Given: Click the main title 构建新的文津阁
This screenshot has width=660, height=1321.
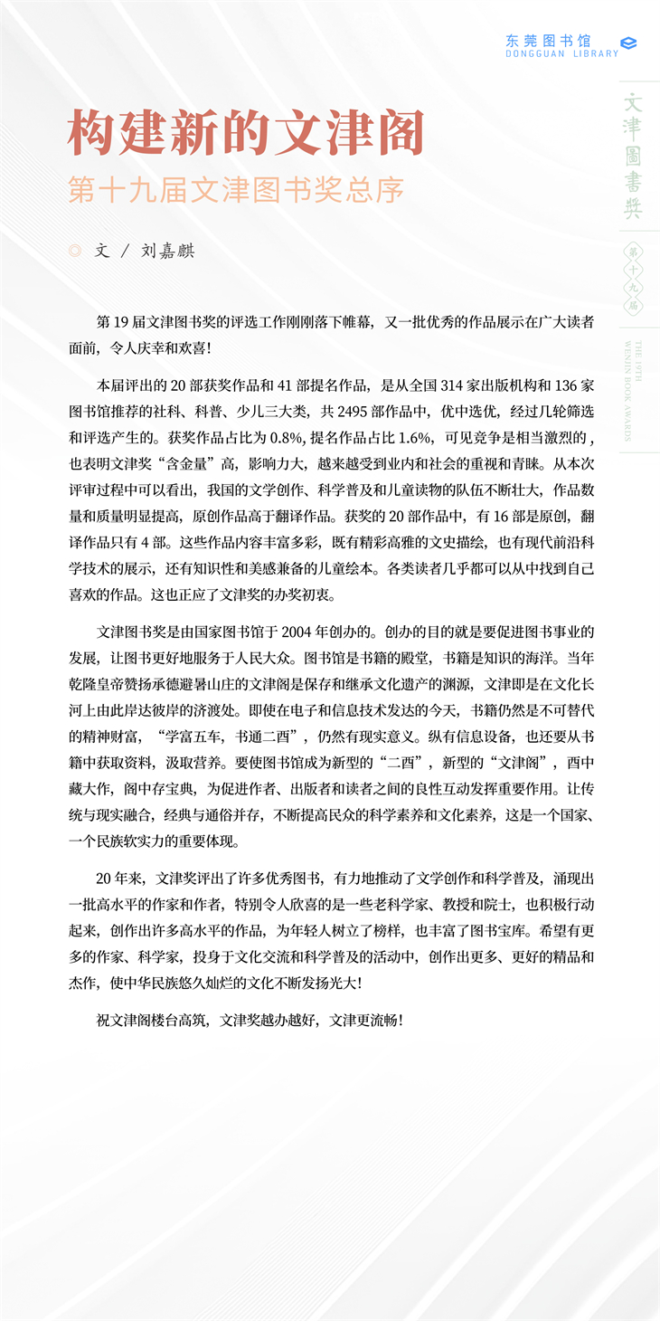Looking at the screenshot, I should tap(246, 134).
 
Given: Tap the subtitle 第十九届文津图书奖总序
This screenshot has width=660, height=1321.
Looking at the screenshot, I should tap(236, 189).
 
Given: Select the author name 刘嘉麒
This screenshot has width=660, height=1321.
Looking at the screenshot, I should tap(168, 251).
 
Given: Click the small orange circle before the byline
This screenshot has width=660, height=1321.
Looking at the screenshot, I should tap(75, 251).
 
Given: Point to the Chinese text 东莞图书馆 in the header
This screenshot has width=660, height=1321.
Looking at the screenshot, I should tap(548, 40).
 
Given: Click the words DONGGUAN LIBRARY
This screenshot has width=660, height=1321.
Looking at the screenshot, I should tap(562, 54).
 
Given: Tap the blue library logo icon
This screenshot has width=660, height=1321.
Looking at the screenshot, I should tap(629, 43).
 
